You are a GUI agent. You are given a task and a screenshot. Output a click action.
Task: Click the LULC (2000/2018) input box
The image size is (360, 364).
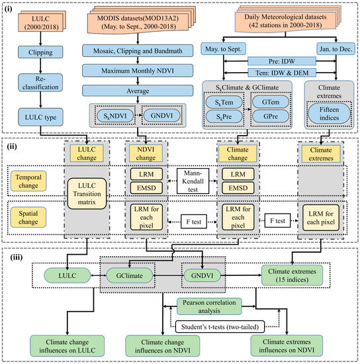coord(39,24)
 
